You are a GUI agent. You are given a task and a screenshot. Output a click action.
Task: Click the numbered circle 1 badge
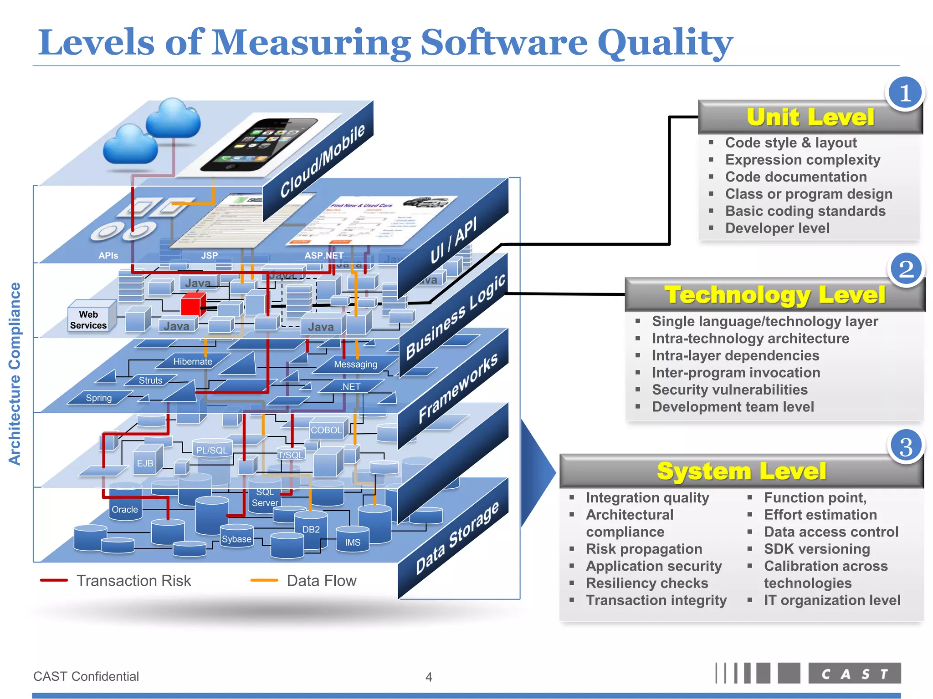[905, 93]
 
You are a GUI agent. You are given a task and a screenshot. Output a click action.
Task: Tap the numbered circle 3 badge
[906, 446]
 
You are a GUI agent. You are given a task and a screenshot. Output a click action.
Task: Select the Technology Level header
[774, 295]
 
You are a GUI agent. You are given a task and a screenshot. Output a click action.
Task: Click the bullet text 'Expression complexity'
[802, 160]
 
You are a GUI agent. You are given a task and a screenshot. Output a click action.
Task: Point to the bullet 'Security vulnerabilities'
[729, 390]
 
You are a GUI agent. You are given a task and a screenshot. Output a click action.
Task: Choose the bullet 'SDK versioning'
[817, 549]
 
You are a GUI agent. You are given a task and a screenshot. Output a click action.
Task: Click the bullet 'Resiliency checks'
[647, 583]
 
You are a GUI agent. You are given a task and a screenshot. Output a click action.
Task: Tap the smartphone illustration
[260, 145]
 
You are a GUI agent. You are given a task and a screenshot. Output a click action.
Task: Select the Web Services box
[89, 319]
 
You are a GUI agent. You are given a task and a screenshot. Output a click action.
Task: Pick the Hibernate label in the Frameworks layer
[193, 362]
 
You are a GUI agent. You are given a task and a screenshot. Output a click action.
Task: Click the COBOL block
[326, 430]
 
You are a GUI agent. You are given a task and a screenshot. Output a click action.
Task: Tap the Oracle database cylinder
[125, 508]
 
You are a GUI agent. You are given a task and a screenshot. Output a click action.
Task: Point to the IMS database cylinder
[352, 541]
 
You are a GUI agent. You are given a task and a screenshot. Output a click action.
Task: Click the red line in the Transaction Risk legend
[54, 581]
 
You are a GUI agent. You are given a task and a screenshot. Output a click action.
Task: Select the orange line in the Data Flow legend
[264, 581]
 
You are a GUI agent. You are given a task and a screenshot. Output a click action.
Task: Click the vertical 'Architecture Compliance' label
[15, 374]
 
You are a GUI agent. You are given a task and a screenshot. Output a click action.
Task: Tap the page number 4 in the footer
[429, 677]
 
